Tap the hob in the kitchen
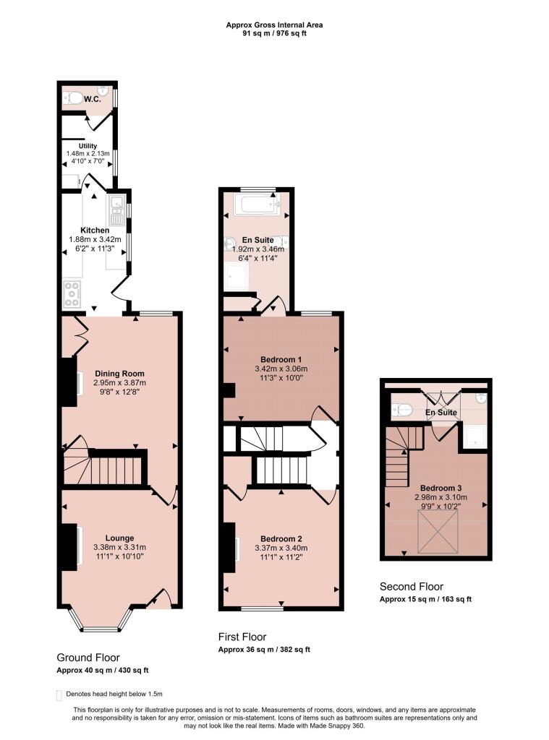[73, 292]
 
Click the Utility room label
[88, 146]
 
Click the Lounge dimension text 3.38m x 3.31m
[119, 547]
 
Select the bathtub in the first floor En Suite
[256, 206]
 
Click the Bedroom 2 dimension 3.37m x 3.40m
[281, 548]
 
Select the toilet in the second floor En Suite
[402, 410]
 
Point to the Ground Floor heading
[89, 658]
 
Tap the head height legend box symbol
[59, 694]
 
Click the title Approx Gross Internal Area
[274, 25]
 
